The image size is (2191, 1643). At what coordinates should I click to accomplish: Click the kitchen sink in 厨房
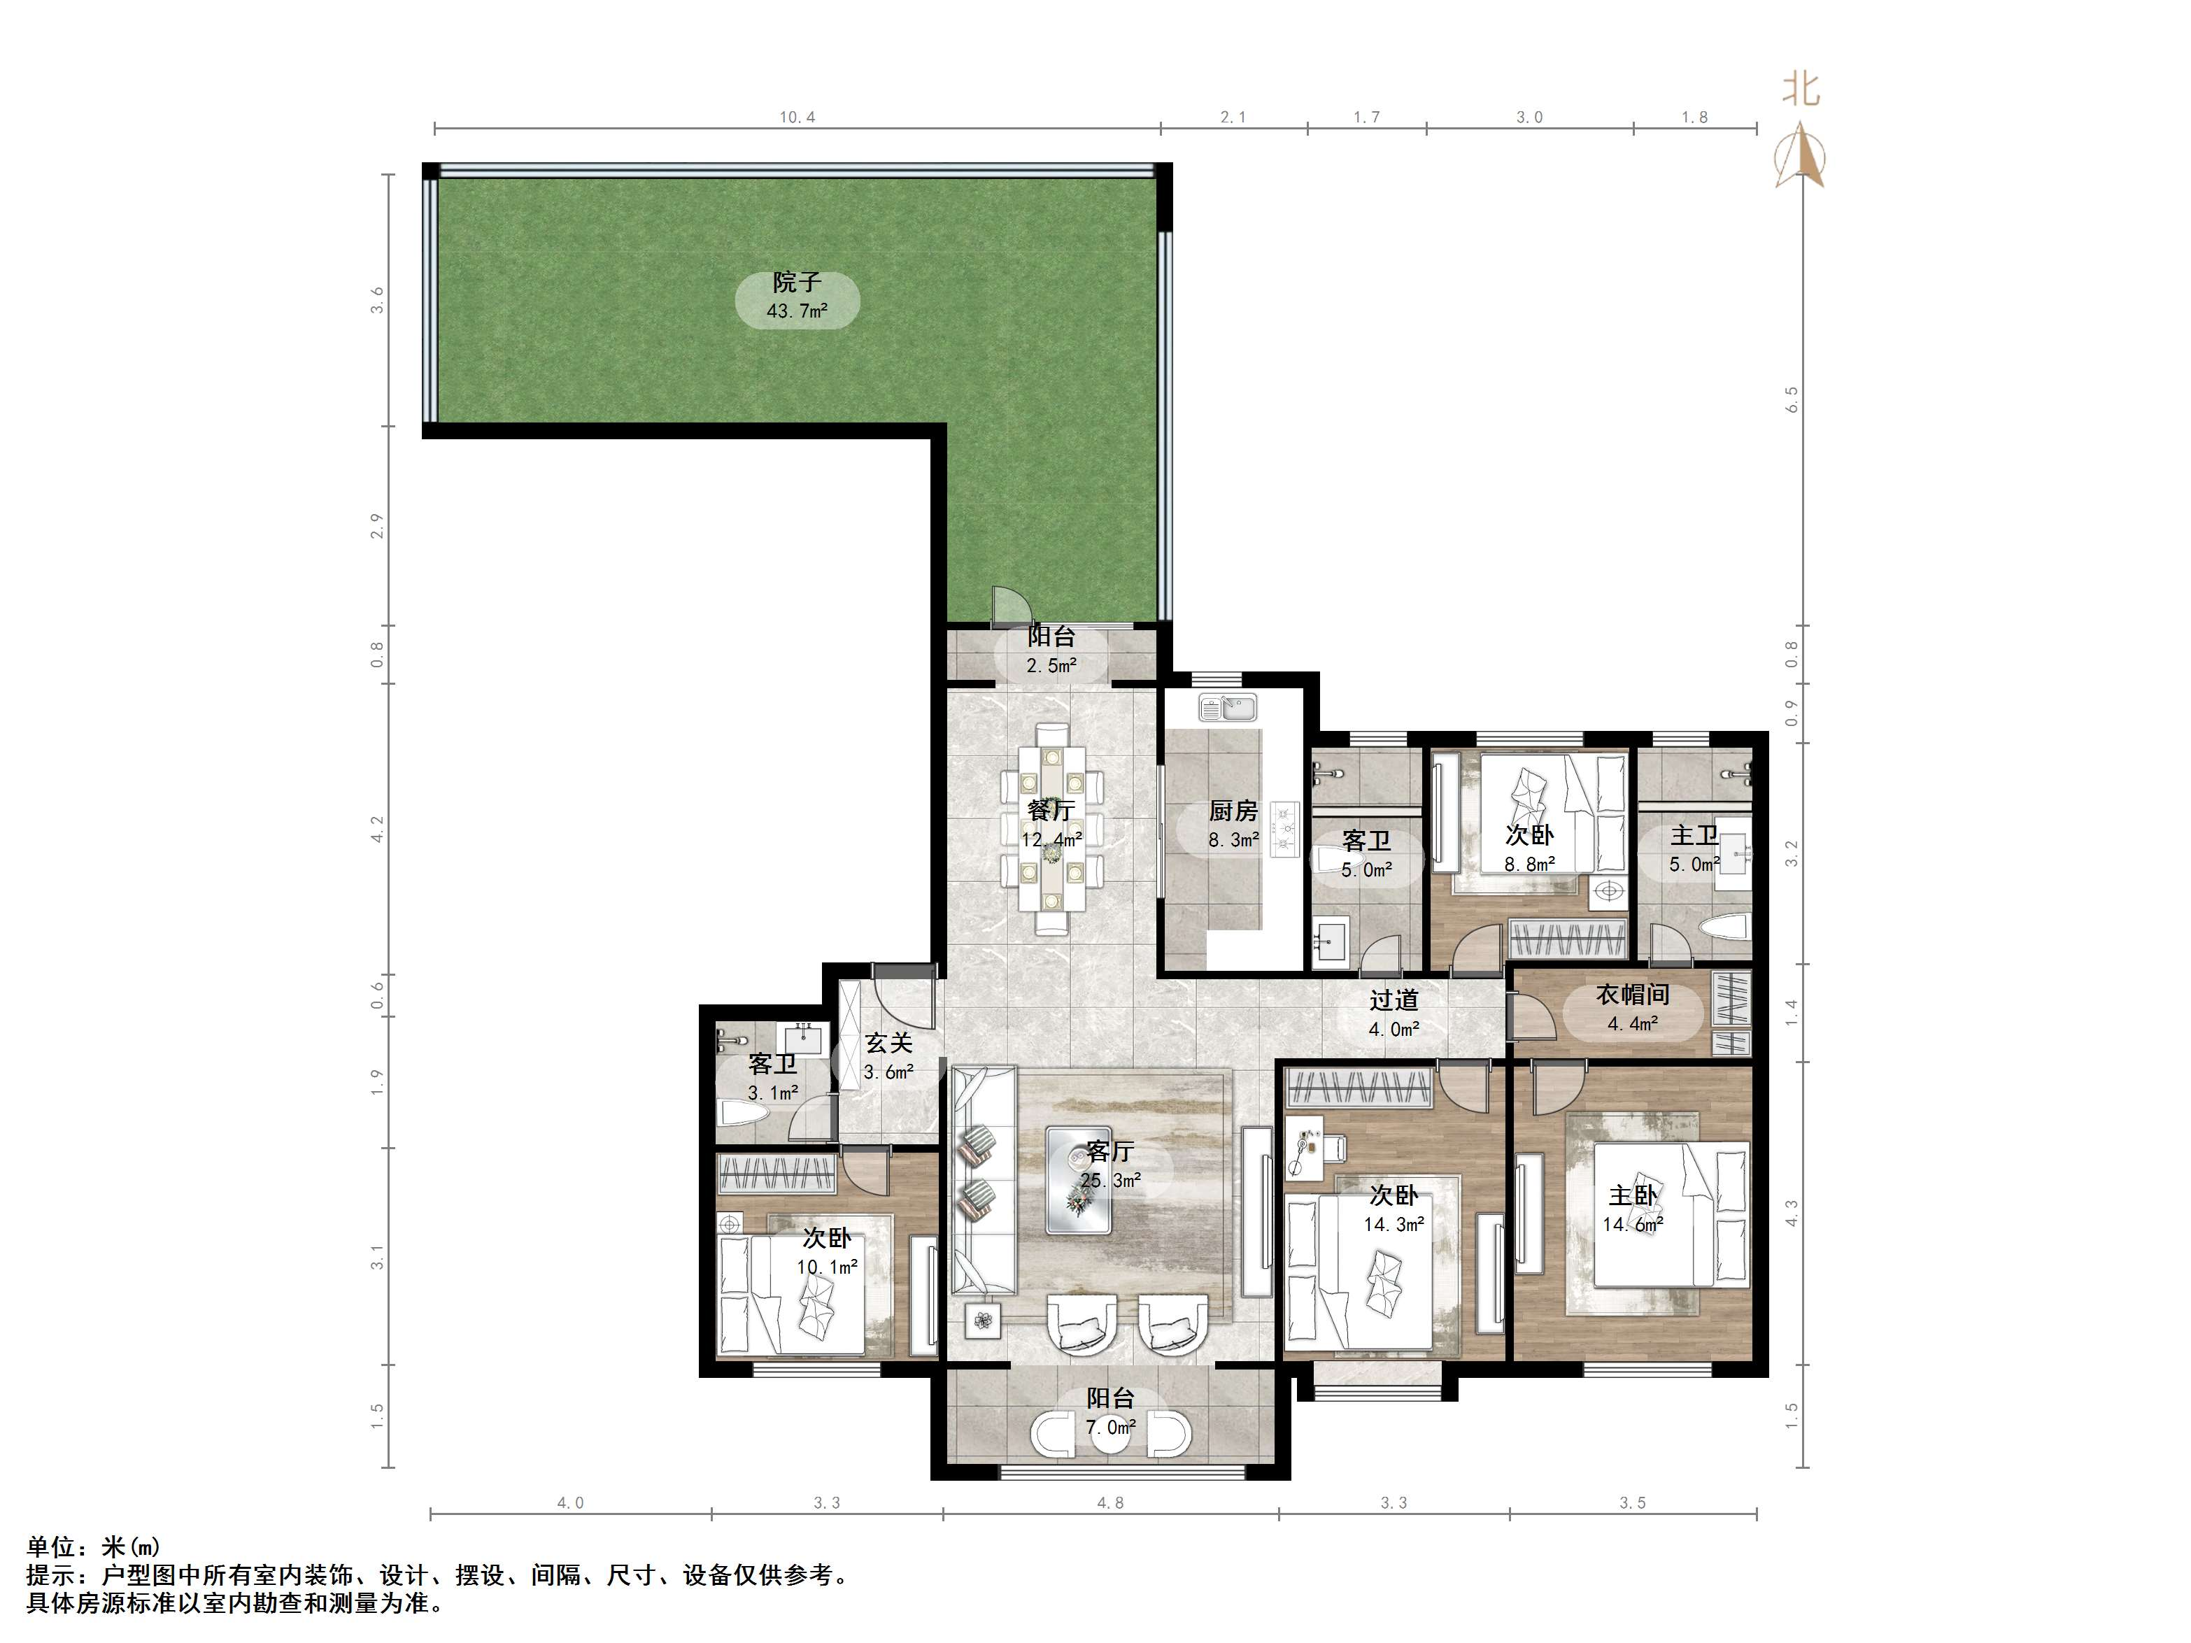1228,708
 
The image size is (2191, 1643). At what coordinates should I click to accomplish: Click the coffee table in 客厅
1079,1179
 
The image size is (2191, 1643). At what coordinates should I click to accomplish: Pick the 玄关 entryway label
888,1043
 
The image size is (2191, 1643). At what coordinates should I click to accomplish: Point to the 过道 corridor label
1394,1001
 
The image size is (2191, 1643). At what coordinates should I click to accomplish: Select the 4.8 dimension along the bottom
1110,1502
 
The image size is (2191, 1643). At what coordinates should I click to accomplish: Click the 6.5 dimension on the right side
1791,399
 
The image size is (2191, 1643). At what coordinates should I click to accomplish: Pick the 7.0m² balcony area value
1110,1427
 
